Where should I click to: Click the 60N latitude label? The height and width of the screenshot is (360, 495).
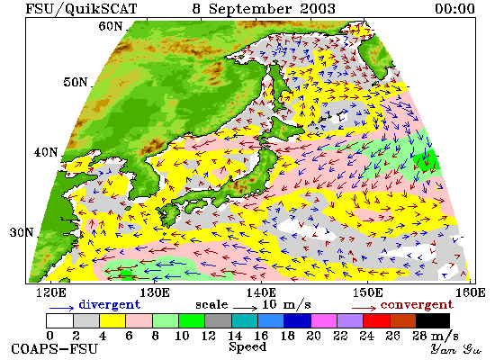click(x=110, y=26)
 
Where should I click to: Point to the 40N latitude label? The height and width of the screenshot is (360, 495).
click(x=46, y=152)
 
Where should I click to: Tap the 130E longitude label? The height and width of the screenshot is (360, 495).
click(x=155, y=292)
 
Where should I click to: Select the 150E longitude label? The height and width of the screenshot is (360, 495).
click(x=368, y=292)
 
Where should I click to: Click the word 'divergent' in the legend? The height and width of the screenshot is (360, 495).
click(x=109, y=305)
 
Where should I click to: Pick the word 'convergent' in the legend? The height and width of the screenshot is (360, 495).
click(x=417, y=305)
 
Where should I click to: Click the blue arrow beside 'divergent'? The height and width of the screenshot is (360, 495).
click(x=61, y=308)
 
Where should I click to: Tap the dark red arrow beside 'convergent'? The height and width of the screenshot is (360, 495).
click(x=364, y=308)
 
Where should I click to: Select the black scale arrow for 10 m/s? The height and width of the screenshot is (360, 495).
click(x=246, y=308)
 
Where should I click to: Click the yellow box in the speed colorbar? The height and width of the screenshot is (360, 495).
click(x=112, y=320)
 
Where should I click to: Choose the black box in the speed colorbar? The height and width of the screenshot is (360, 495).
click(x=433, y=320)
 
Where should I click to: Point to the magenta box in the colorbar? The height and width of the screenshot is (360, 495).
click(x=324, y=320)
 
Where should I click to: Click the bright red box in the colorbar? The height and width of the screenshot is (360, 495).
click(x=376, y=320)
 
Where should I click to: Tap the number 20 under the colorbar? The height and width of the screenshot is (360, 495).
click(x=313, y=336)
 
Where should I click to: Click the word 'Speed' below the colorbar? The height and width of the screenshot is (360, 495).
click(x=247, y=347)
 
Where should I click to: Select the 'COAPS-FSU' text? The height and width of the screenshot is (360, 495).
click(x=54, y=349)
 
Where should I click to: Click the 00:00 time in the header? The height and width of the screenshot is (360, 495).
click(x=454, y=8)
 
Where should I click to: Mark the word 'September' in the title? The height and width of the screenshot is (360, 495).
click(x=250, y=9)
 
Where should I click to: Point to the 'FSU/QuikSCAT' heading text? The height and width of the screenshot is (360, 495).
click(x=81, y=9)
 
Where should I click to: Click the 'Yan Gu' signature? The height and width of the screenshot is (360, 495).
click(x=455, y=349)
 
